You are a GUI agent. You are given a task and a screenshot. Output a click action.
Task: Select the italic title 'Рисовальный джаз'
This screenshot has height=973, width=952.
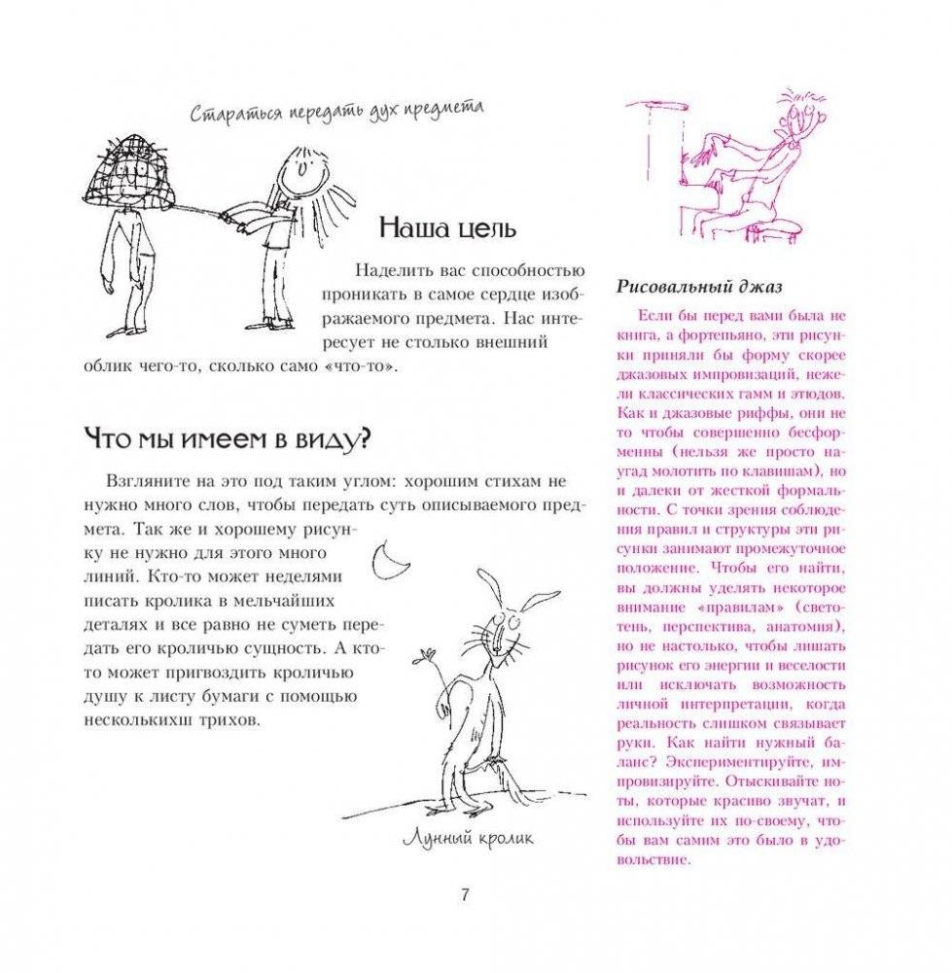[x=700, y=287]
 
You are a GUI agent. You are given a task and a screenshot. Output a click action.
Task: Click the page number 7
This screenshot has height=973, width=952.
[x=466, y=895]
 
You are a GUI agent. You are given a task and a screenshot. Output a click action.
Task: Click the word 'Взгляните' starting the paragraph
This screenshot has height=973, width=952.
[x=142, y=482]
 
